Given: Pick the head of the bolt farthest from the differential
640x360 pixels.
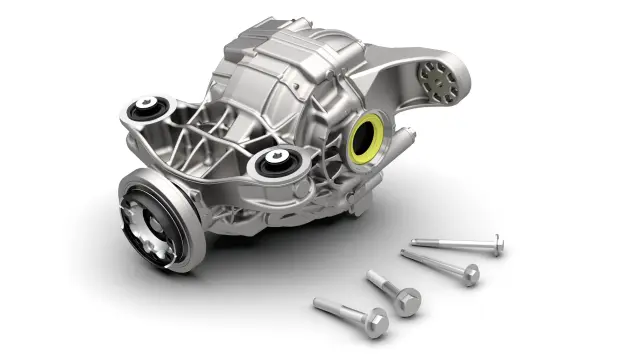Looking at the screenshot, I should (494, 244).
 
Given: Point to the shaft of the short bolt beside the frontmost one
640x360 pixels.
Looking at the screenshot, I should (384, 285).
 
